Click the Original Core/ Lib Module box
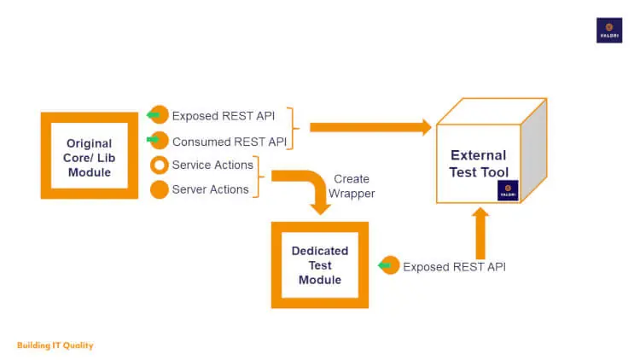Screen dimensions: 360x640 pyautogui.click(x=89, y=155)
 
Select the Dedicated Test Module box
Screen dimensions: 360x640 pyautogui.click(x=320, y=264)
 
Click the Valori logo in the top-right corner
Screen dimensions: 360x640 pyautogui.click(x=608, y=30)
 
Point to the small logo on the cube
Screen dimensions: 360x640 pyautogui.click(x=507, y=191)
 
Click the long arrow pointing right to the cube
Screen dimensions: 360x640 pyautogui.click(x=369, y=127)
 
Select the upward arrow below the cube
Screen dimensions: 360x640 pyautogui.click(x=480, y=232)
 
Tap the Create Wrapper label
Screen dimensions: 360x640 pyautogui.click(x=352, y=186)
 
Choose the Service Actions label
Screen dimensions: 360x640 pyautogui.click(x=212, y=165)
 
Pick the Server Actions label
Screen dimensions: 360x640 pyautogui.click(x=210, y=189)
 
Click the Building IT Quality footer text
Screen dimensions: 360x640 pyautogui.click(x=55, y=345)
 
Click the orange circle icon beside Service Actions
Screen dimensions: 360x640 pyautogui.click(x=159, y=165)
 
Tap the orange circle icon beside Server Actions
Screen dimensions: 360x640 pyautogui.click(x=159, y=189)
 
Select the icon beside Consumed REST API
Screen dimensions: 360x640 pyautogui.click(x=158, y=141)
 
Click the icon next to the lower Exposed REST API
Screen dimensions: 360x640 pyautogui.click(x=389, y=266)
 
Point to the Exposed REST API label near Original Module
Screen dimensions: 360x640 pyautogui.click(x=223, y=116)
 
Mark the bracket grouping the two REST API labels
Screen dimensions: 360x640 pyautogui.click(x=293, y=128)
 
